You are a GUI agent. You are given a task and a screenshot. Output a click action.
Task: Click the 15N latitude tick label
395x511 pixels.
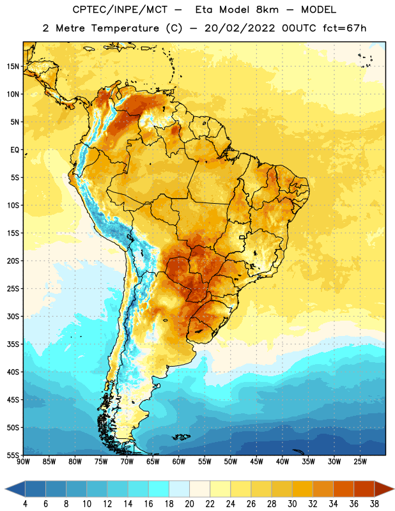pos(13,66)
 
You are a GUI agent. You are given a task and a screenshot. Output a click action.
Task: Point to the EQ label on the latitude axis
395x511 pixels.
pos(15,150)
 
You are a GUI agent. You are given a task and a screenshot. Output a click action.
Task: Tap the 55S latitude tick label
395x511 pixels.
pos(13,455)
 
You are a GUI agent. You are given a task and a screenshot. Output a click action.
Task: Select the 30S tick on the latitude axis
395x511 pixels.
pos(13,316)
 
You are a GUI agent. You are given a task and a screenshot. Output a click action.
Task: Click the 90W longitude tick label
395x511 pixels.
pos(23,462)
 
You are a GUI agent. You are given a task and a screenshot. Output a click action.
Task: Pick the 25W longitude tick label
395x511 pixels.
pos(360,462)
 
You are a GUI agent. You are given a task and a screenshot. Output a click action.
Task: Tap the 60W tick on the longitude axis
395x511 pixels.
pos(179,462)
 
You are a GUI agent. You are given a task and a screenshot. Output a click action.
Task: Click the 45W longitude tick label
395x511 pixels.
pos(257,462)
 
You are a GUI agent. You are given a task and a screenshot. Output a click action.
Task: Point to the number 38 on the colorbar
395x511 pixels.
pos(375,504)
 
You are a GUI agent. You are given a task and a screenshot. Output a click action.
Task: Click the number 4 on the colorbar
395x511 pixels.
pos(25,504)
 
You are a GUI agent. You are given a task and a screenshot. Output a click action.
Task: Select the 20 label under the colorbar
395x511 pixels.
pos(189,504)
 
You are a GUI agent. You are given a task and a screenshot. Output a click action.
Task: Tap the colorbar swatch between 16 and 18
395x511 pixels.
pos(159,489)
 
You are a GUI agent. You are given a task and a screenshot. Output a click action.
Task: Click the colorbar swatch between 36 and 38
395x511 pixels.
pos(364,489)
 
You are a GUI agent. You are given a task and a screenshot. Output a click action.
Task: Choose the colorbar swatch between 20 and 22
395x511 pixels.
pos(200,489)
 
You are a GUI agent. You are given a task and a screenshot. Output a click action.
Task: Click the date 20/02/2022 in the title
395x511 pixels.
pos(240,28)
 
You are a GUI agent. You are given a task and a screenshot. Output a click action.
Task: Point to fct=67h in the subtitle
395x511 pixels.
pos(345,28)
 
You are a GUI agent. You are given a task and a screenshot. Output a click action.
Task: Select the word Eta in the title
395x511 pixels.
pos(204,10)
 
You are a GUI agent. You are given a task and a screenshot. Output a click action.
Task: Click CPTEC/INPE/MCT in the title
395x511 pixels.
pos(120,10)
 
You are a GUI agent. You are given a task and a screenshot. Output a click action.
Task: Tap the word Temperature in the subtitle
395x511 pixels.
pos(125,29)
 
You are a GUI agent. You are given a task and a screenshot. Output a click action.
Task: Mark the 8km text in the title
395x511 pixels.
pos(267,10)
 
